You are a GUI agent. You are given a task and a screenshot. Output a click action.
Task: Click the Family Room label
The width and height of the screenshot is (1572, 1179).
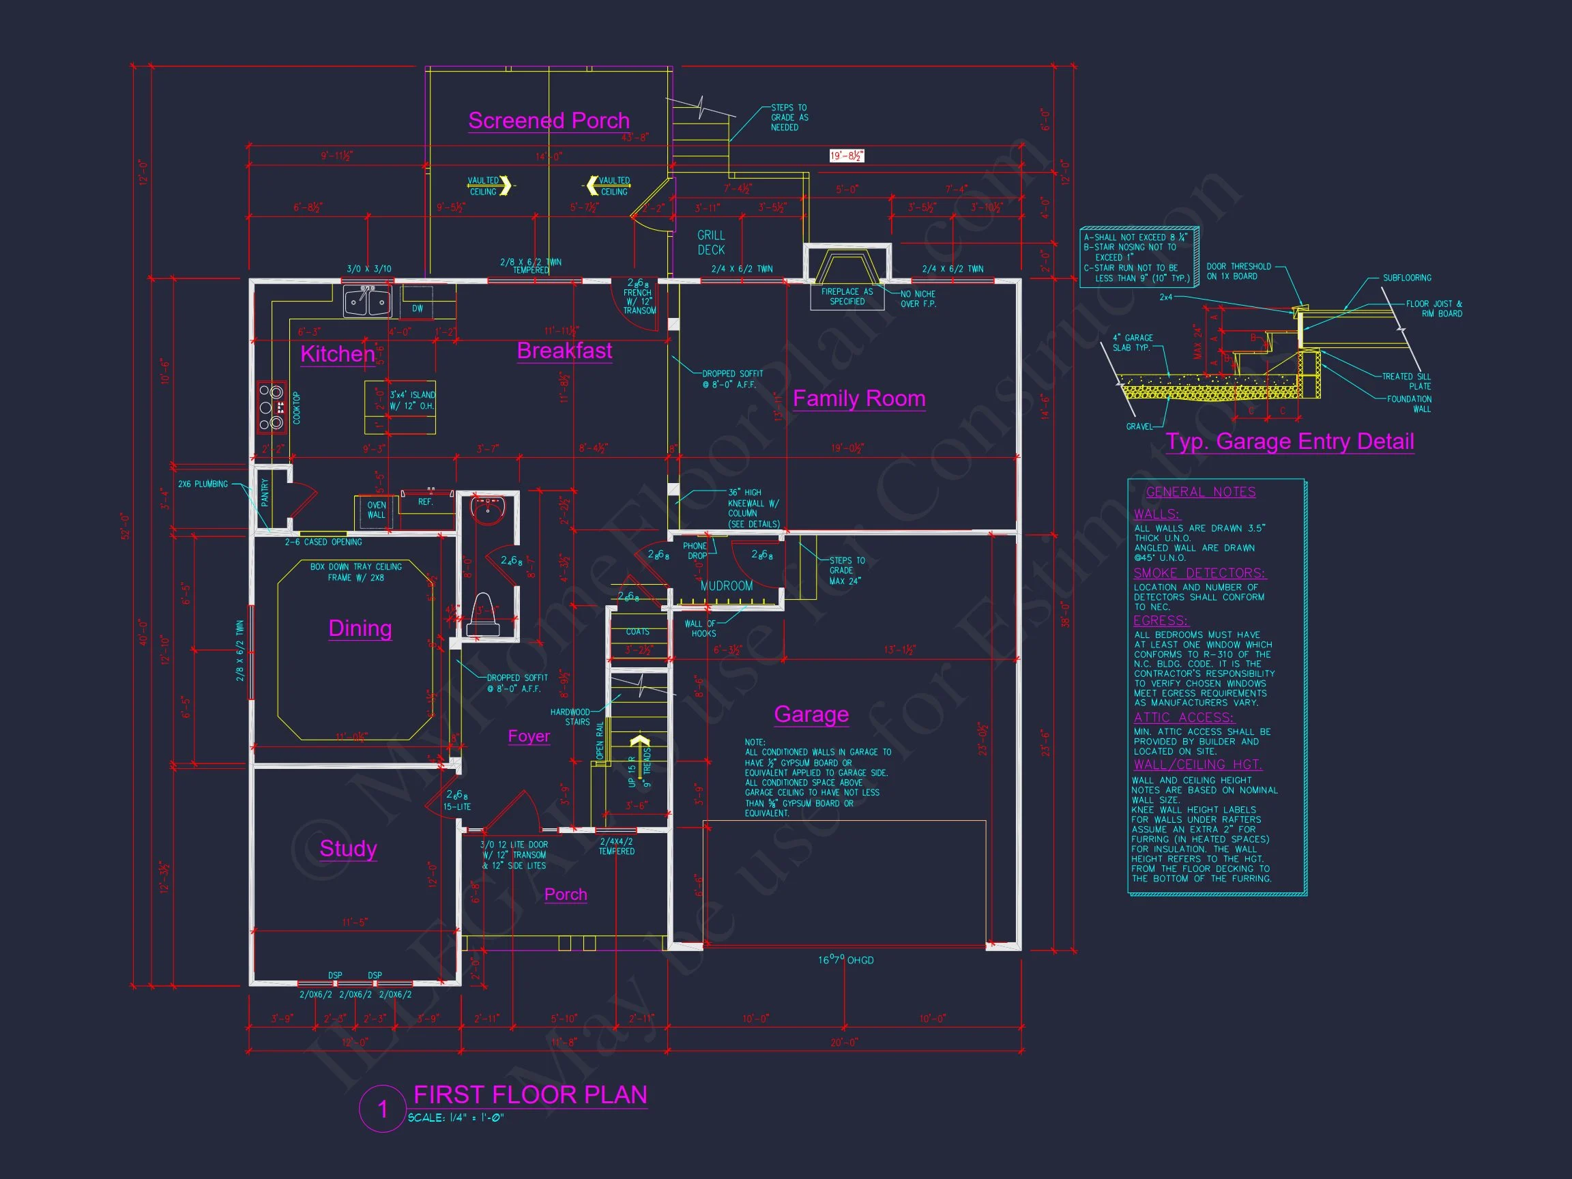[x=858, y=398]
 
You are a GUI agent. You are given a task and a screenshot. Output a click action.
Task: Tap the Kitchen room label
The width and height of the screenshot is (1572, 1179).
[x=338, y=354]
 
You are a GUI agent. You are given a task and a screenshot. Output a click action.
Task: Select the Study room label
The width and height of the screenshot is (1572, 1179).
[x=347, y=849]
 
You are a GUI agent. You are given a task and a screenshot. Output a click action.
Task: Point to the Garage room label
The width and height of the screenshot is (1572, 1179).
[x=811, y=714]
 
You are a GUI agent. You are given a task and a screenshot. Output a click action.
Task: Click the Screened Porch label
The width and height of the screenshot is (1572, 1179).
[x=549, y=121]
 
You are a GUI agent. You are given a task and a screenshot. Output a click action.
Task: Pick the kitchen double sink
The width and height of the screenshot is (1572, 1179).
[x=368, y=302]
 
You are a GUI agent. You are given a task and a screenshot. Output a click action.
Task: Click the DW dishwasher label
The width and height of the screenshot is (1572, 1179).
[x=417, y=308]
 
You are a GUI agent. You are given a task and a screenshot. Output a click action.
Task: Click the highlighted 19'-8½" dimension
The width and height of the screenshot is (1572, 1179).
[x=847, y=156]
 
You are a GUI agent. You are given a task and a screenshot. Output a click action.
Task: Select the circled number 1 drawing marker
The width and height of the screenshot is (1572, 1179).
[x=382, y=1109]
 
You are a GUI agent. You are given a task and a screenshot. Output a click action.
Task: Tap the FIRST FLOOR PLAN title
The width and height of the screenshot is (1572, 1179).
[x=530, y=1094]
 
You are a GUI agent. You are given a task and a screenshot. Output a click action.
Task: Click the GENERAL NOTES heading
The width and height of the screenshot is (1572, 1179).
[x=1200, y=492]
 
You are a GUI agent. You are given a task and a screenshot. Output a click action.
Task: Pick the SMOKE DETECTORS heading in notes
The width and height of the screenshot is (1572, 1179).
[x=1199, y=573]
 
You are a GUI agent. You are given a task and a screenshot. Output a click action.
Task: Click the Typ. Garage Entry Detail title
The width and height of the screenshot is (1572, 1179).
[x=1289, y=441]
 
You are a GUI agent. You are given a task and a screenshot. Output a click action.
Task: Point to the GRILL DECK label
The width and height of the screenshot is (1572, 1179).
[x=711, y=242]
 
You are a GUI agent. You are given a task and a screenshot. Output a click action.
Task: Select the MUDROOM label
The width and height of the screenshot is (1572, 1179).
[x=727, y=585]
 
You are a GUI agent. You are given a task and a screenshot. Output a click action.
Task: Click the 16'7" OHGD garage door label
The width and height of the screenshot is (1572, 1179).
[x=845, y=960]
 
